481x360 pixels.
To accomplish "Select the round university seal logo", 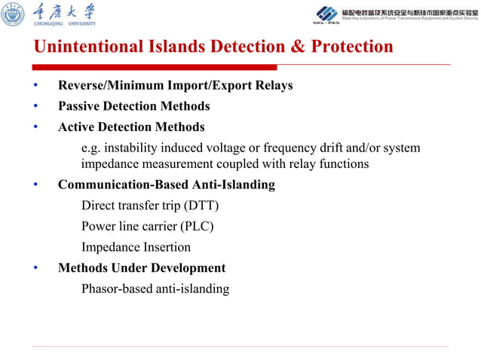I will click(x=13, y=14).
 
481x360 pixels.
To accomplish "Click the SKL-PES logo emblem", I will click(x=326, y=14).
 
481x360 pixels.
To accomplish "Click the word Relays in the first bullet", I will click(x=271, y=85).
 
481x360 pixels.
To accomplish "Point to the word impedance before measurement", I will click(x=110, y=163).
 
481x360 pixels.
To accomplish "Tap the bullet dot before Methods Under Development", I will click(x=35, y=267).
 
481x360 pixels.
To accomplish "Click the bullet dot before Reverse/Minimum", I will click(x=35, y=85).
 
